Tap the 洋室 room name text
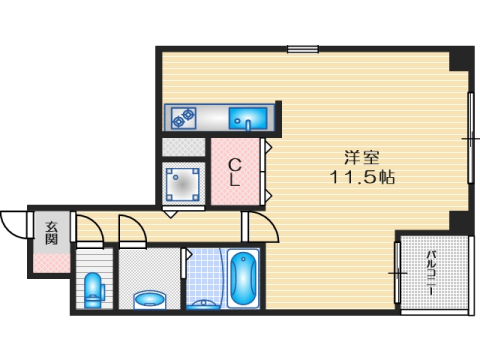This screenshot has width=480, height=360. [x=361, y=158]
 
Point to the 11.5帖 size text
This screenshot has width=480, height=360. [x=361, y=178]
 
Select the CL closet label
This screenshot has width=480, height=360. [x=234, y=172]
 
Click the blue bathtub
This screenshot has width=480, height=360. [x=242, y=279]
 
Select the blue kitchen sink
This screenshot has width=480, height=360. [x=246, y=120]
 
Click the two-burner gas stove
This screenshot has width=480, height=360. [x=183, y=119]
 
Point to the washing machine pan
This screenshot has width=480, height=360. [x=185, y=182]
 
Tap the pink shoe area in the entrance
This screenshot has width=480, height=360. [x=49, y=264]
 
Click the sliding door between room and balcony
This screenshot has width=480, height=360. [x=397, y=271]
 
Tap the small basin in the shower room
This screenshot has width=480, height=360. [x=204, y=302]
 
